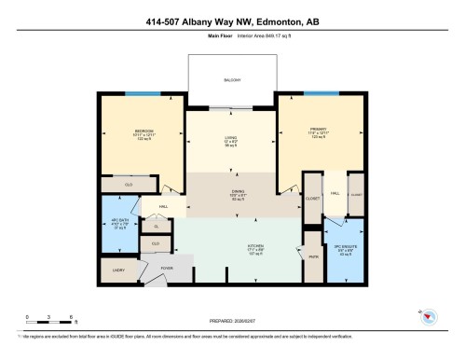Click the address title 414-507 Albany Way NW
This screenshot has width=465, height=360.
[x=232, y=22]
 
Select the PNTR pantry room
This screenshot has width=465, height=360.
[x=313, y=261]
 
